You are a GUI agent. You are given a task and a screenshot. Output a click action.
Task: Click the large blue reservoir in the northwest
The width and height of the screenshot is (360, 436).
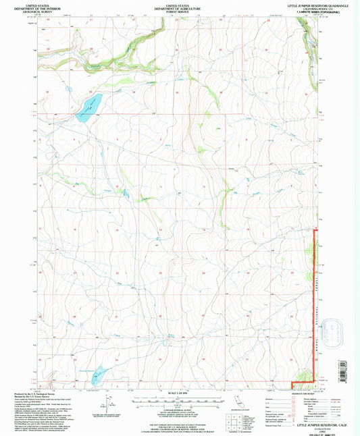tap(89, 107)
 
